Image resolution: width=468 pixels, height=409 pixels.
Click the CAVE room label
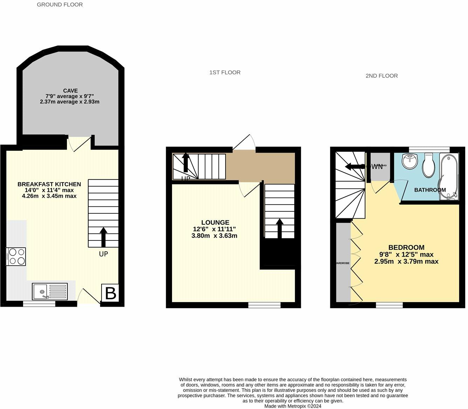point(70,91)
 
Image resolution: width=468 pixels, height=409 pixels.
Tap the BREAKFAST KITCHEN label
point(49,184)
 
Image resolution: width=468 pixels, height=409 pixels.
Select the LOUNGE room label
point(215,223)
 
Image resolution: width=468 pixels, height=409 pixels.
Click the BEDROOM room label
point(406,247)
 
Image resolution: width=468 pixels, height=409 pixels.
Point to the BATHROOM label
point(430,190)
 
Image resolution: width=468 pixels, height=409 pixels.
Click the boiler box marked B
point(110,293)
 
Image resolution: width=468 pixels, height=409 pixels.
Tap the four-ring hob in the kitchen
point(16,257)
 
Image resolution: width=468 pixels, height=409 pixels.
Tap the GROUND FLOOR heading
point(60,5)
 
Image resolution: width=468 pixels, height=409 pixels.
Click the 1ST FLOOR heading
point(225,73)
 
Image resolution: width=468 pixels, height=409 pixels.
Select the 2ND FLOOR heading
point(381,76)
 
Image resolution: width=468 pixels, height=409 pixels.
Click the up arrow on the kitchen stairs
point(103,237)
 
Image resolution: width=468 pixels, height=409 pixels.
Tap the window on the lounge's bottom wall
point(264,305)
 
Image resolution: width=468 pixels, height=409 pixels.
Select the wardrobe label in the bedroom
point(343,263)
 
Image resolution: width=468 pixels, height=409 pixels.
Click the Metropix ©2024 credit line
point(292,406)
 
